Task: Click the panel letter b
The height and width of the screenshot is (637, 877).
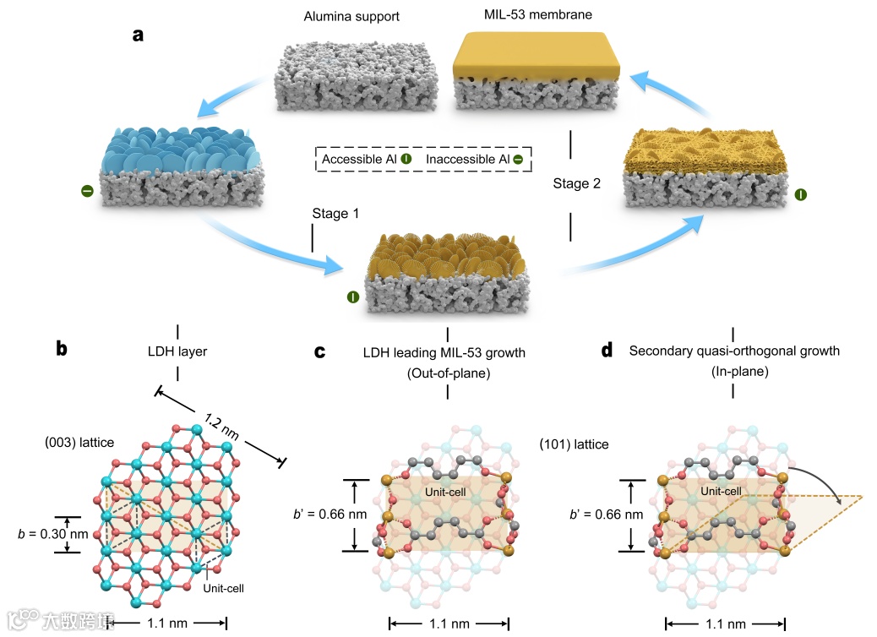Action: [x=62, y=349]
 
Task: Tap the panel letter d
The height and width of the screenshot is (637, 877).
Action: [x=606, y=349]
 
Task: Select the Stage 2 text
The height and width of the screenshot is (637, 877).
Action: [x=577, y=183]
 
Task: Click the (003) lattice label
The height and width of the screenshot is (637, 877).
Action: [x=83, y=443]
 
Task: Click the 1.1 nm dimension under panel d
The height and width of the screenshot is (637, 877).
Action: [x=725, y=624]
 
